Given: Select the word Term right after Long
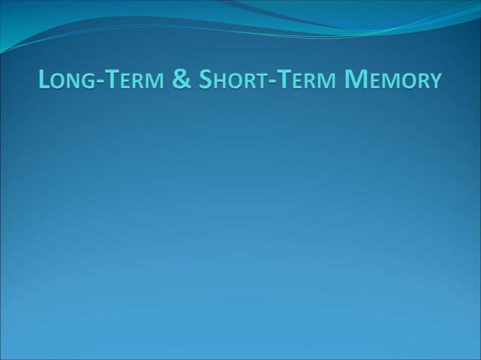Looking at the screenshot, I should tap(133, 80).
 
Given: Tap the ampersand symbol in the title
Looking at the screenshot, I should tap(182, 79).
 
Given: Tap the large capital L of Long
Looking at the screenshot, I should tap(45, 79).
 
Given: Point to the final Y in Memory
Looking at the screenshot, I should tap(433, 81).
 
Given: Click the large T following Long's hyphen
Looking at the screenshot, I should tap(112, 79).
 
